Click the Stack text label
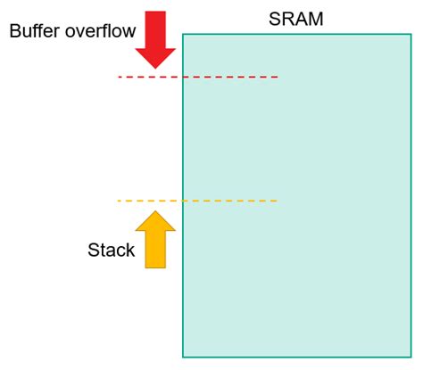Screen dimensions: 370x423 (x=111, y=251)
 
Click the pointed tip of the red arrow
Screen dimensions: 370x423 (x=156, y=68)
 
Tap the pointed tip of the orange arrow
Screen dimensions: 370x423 (x=156, y=211)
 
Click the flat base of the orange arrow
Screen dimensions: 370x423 (x=156, y=267)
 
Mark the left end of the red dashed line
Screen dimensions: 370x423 (x=119, y=78)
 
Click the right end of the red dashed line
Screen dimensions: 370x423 (x=278, y=78)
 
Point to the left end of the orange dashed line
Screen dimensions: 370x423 (x=119, y=201)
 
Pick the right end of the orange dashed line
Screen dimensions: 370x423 (x=278, y=201)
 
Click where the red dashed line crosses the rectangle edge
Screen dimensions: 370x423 (x=183, y=78)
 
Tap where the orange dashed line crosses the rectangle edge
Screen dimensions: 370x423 (x=183, y=201)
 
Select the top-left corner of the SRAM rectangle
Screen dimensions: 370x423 (x=183, y=34)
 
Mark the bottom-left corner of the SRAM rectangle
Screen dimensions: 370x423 (x=183, y=357)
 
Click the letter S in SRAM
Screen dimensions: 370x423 (x=275, y=18)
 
